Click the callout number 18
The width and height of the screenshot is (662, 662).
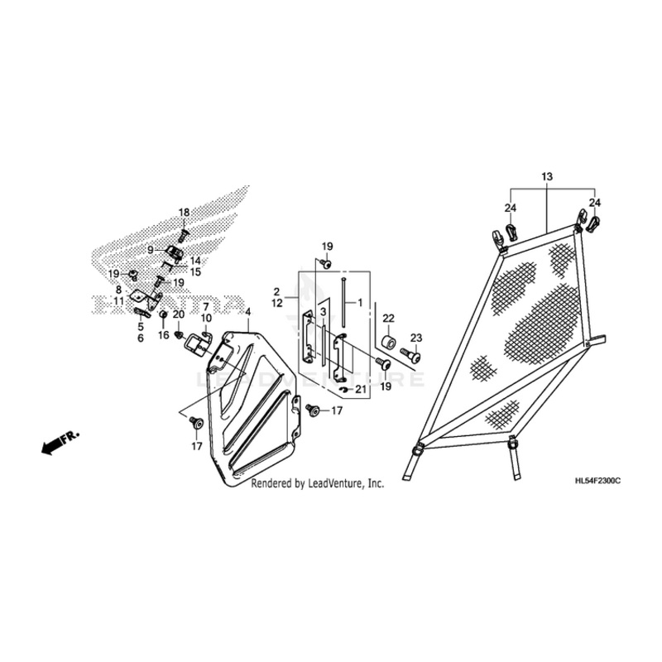tap(184, 213)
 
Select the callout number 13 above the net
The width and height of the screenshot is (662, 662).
tap(546, 177)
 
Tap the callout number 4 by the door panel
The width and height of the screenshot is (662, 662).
tap(247, 311)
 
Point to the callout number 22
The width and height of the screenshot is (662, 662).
tap(388, 319)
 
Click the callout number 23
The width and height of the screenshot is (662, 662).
tap(415, 337)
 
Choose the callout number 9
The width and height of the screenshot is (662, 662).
tap(151, 249)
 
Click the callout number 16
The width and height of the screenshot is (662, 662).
tap(163, 335)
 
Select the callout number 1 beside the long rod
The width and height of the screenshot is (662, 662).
tap(360, 303)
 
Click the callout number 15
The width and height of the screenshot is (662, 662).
tap(195, 271)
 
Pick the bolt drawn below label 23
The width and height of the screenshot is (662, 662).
tap(410, 356)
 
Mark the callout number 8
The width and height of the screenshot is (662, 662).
tap(118, 290)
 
